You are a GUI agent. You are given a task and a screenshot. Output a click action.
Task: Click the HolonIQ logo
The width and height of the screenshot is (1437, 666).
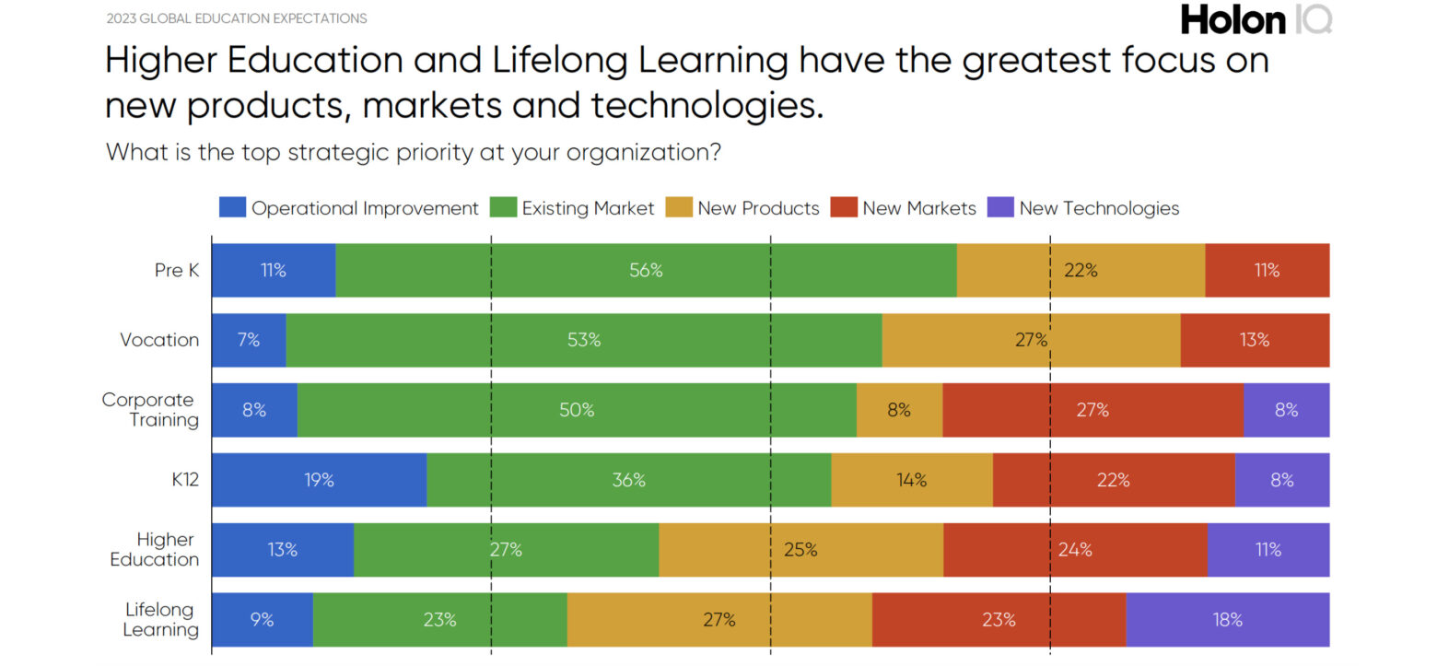click(x=1256, y=18)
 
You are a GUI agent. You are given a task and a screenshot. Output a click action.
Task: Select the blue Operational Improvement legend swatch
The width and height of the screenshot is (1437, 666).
click(x=232, y=207)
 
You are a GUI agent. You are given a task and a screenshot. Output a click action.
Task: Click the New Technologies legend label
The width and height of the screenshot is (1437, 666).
click(x=1099, y=208)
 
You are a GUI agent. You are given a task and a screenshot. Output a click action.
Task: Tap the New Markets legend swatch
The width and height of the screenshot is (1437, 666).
click(x=844, y=207)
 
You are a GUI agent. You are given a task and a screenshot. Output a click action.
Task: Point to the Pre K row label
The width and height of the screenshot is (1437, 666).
click(x=176, y=271)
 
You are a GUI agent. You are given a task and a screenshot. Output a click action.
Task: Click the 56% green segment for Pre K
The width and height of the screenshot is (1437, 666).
click(x=646, y=271)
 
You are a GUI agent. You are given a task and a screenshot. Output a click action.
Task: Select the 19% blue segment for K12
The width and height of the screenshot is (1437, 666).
click(x=319, y=480)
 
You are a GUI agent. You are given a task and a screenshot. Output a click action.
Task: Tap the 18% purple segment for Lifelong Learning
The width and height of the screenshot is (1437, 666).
click(x=1227, y=620)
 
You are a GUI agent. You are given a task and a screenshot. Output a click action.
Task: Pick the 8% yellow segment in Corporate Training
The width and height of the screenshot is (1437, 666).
click(x=899, y=410)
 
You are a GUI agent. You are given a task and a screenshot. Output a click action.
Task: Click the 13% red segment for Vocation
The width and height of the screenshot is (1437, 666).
click(x=1255, y=340)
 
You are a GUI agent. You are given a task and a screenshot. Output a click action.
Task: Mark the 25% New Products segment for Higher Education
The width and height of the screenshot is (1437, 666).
click(x=800, y=550)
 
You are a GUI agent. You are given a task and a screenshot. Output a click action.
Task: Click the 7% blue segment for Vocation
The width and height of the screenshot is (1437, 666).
click(x=249, y=340)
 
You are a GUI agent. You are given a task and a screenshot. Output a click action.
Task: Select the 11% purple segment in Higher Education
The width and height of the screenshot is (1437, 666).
click(x=1268, y=550)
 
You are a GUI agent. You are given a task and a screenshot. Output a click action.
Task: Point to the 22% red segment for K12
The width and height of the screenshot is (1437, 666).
click(x=1113, y=480)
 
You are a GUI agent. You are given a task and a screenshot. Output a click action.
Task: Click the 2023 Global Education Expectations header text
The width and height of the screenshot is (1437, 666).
click(x=236, y=18)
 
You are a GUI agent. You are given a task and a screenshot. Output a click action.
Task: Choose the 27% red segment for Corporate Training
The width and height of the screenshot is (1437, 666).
click(x=1092, y=410)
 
